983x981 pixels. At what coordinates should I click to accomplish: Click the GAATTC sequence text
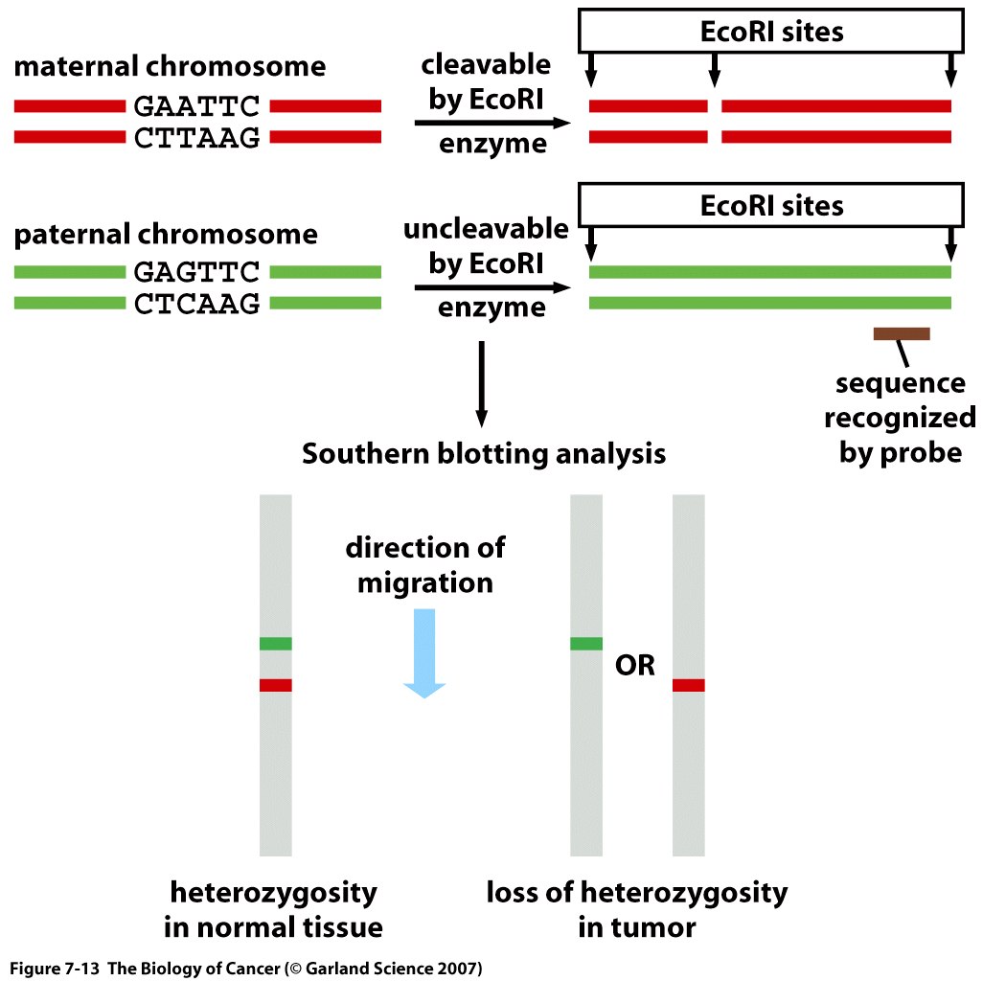pos(196,106)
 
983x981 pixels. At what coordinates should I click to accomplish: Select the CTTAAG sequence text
pos(196,138)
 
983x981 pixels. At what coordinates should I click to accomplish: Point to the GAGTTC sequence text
pos(196,272)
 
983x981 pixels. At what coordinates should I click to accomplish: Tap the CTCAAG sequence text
pos(196,304)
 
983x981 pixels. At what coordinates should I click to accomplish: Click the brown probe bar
pos(902,334)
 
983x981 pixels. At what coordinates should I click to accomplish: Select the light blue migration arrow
pos(424,653)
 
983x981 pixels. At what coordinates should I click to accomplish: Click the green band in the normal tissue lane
pos(276,644)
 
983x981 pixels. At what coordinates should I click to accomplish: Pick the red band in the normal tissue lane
pos(276,685)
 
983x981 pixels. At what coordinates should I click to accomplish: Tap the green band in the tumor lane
pos(586,644)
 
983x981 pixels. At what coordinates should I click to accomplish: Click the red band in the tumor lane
pos(688,685)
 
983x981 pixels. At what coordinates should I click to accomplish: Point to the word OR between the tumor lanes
pos(635,665)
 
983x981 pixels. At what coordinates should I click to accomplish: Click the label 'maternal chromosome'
pos(170,66)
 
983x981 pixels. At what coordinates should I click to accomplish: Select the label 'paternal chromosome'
pos(166,235)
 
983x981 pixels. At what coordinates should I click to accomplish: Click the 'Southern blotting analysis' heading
pos(483,454)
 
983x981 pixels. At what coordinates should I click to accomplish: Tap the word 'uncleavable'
pos(486,229)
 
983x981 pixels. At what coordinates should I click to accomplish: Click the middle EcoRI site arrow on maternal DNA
pos(714,70)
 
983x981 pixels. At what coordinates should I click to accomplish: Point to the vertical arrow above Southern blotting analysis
pos(482,384)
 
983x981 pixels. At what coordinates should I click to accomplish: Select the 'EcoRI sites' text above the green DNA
pos(771,206)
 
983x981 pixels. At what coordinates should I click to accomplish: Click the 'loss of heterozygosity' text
pos(637,893)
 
